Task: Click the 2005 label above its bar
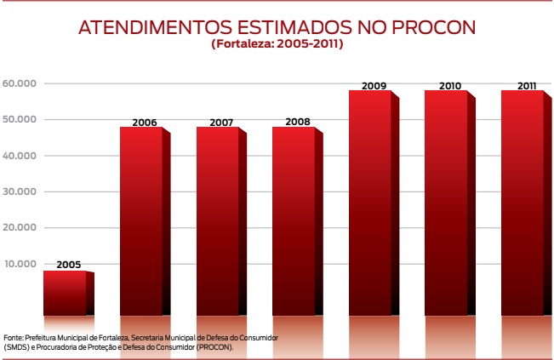[x=68, y=266]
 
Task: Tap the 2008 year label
[x=297, y=122]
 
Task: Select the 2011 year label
[x=526, y=85]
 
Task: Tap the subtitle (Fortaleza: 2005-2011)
[x=277, y=43]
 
